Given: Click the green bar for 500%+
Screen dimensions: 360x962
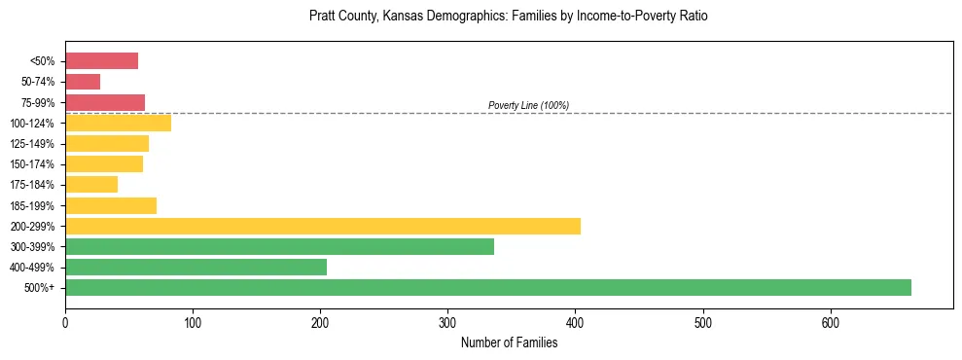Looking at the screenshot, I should coord(487,287).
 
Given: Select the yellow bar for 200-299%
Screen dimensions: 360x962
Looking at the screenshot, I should coord(322,226).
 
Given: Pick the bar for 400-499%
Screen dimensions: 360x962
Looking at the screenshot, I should coord(196,267).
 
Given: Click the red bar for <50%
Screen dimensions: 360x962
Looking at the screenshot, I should coord(101,61).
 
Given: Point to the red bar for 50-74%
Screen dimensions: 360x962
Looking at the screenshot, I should coord(83,82).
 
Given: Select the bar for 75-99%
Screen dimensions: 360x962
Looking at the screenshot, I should coord(105,102).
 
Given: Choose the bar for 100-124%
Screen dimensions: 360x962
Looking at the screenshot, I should coord(118,123).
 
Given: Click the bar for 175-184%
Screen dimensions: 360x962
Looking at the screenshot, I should coord(91,185).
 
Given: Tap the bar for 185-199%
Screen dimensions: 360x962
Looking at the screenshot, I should coord(111,205).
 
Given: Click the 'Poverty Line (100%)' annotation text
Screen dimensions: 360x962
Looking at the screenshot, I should coord(528,105).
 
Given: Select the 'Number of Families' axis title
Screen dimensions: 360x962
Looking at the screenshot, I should coord(509,342).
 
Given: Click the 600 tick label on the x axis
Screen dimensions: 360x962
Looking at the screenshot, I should coord(830,323).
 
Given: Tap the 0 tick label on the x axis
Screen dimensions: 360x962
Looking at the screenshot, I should coord(65,323).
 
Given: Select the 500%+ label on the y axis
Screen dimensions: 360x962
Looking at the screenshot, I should coord(42,288).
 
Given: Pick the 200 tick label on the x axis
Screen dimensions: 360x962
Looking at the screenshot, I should coord(320,323).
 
